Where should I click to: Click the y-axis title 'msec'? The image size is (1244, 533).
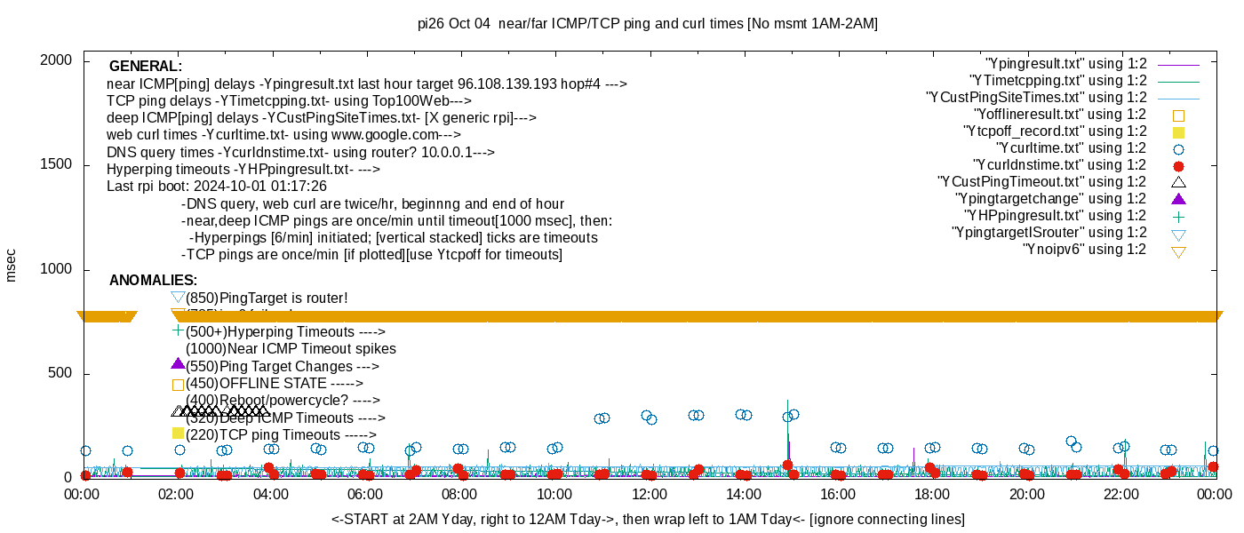(12, 266)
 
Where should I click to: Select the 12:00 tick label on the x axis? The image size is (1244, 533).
(649, 495)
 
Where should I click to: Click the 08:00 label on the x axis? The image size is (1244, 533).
(459, 495)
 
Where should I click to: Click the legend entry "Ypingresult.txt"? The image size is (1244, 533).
(1065, 64)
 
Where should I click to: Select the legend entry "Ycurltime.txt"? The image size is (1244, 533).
(1071, 148)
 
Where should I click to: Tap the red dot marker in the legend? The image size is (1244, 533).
(1179, 166)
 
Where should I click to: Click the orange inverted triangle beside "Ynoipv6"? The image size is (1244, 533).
(1179, 251)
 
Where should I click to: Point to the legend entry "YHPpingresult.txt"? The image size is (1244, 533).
(1055, 216)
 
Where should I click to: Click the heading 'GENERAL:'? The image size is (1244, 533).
(145, 67)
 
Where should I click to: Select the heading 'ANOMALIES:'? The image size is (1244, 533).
(153, 281)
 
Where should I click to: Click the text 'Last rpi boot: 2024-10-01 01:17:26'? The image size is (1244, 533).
(217, 187)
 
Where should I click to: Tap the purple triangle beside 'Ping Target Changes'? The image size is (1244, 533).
(178, 364)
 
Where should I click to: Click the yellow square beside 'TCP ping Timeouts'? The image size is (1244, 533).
(178, 434)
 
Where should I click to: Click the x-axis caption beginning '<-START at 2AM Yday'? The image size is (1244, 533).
(648, 519)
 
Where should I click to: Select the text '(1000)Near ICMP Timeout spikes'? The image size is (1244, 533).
(291, 349)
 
